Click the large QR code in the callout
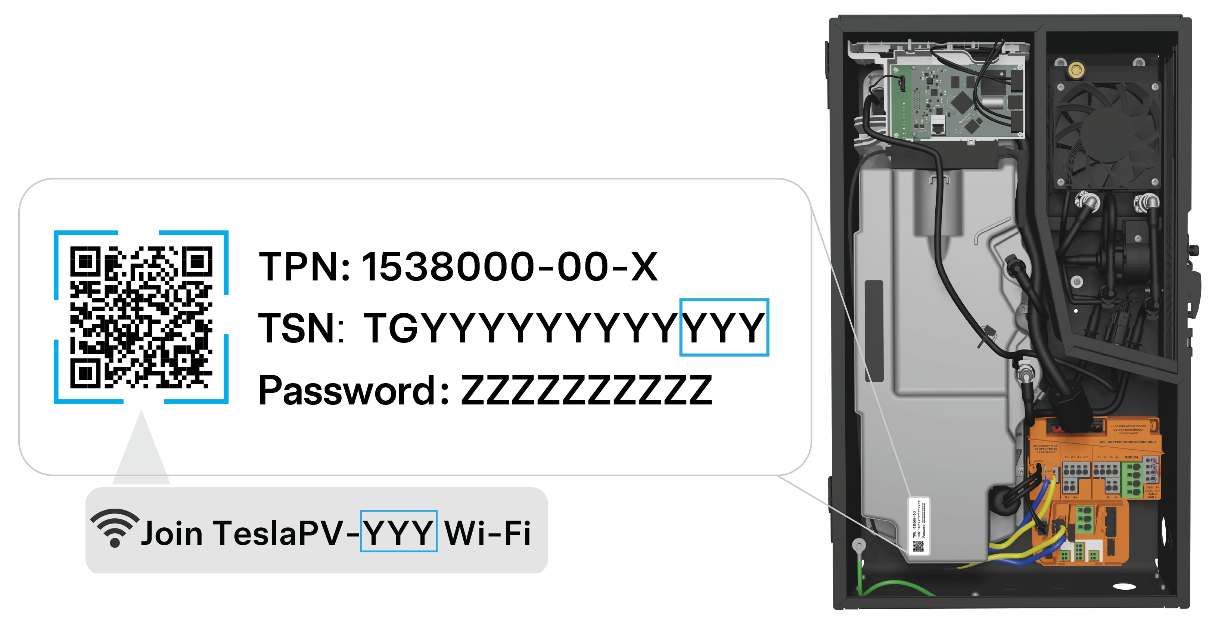click(x=141, y=317)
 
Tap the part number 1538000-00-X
click(x=509, y=267)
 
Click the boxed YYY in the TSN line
click(x=724, y=327)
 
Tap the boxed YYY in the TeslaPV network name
click(x=398, y=533)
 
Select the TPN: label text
click(x=304, y=267)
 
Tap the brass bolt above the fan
click(x=1075, y=71)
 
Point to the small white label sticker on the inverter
click(x=919, y=525)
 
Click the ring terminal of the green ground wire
click(x=858, y=546)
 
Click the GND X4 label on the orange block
click(x=1131, y=457)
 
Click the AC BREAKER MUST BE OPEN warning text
click(x=1046, y=449)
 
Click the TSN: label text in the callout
click(x=300, y=327)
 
